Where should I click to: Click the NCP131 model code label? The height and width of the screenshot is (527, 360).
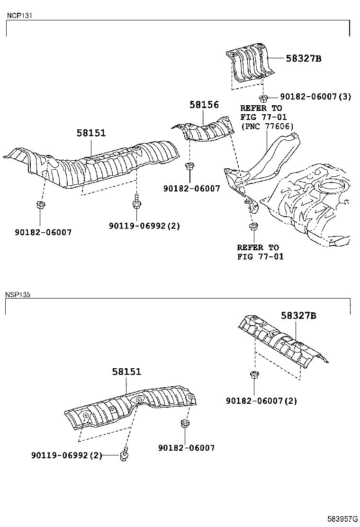[x=19, y=16]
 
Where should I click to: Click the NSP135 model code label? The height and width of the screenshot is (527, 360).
[x=18, y=294]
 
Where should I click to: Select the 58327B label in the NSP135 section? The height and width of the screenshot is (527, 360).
[x=298, y=315]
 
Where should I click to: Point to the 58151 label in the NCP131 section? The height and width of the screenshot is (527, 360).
[x=91, y=133]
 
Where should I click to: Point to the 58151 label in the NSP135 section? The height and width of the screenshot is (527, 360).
[x=126, y=372]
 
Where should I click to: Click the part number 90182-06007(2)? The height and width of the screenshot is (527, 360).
[x=261, y=400]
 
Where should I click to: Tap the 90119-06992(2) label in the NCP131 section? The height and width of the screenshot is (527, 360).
[x=144, y=226]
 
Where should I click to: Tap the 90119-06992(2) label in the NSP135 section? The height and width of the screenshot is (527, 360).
[x=67, y=455]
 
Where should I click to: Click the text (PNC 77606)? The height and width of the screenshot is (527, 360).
[x=267, y=126]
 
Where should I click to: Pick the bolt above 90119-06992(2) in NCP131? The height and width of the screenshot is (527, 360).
[x=135, y=203]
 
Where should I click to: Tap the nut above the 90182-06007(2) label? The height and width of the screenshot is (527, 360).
[x=254, y=376]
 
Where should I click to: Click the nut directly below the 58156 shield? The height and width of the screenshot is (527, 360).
[x=189, y=166]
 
